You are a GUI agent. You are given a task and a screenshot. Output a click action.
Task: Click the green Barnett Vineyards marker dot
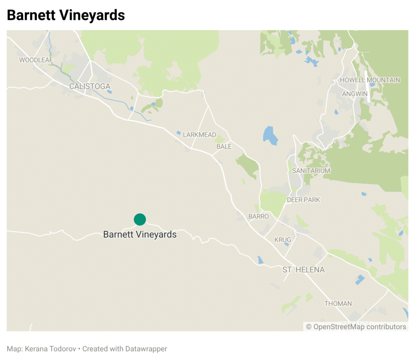tap(140, 219)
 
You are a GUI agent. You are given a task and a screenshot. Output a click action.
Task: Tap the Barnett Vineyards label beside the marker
tap(140, 234)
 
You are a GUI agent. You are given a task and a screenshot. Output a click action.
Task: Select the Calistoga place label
tap(90, 86)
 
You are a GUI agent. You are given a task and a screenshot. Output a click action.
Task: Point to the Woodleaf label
tap(36, 60)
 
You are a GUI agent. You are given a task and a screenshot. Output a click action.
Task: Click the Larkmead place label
tap(199, 134)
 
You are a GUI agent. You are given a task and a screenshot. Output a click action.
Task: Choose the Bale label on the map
tap(224, 146)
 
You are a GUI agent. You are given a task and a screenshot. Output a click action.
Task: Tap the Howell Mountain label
tap(370, 80)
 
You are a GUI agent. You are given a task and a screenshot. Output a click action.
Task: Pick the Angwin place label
tap(355, 94)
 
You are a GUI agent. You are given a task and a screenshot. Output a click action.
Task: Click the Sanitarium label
tap(311, 170)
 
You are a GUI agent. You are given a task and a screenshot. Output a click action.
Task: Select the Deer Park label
tap(303, 200)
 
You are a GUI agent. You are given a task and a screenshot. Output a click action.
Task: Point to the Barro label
tap(258, 216)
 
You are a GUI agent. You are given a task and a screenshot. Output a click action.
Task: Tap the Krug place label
tap(282, 240)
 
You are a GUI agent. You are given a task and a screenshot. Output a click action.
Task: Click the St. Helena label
tap(304, 269)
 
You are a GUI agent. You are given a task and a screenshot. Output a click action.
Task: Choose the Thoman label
tap(338, 303)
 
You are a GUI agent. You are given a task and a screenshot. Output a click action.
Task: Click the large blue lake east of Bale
tap(270, 136)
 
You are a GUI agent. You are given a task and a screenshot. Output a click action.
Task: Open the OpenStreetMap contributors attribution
tap(356, 326)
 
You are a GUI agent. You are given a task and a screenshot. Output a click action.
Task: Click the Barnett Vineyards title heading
tap(66, 15)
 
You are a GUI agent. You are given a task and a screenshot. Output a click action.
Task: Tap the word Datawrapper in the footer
tap(145, 349)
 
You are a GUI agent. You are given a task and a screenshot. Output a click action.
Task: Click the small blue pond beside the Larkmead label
tap(179, 132)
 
